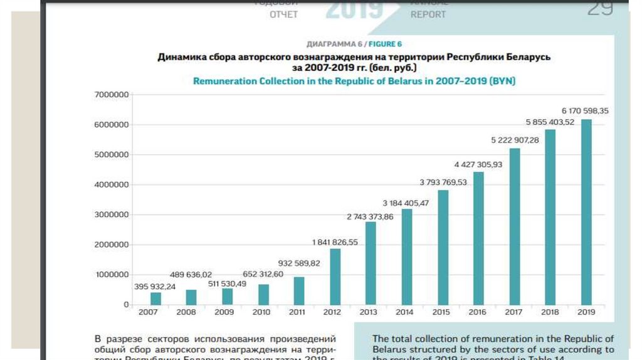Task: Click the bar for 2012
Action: coord(335,277)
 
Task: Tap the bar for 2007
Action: coord(155,298)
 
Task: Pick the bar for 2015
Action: coord(443,247)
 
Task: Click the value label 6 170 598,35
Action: coord(585,110)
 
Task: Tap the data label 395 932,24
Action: coord(155,287)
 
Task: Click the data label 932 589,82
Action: coord(299,263)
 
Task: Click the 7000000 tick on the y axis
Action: coord(112,95)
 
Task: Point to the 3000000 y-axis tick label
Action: coord(112,214)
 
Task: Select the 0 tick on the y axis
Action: coord(126,305)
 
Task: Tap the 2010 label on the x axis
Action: coord(261,312)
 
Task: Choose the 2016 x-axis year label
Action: coord(477,312)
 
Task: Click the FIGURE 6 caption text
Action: coord(385,44)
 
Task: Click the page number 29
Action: coord(600,9)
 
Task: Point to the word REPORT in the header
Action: coord(428,14)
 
